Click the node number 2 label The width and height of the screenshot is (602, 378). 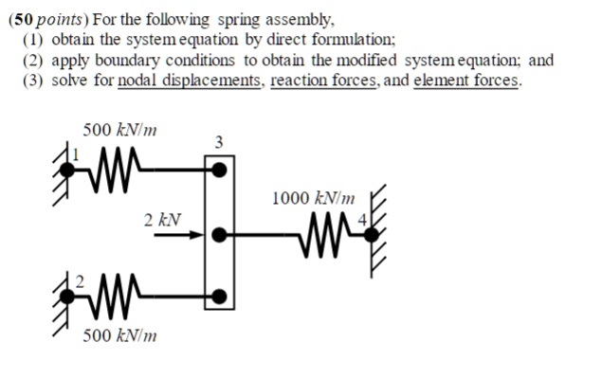click(80, 281)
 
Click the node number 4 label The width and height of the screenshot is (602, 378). click(361, 222)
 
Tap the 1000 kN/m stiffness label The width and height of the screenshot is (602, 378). click(313, 199)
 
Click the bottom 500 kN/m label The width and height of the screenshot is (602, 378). click(119, 335)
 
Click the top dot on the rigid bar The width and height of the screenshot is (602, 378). click(219, 171)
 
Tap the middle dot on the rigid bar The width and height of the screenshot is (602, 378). click(219, 233)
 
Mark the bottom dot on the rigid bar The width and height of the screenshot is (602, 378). click(219, 297)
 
